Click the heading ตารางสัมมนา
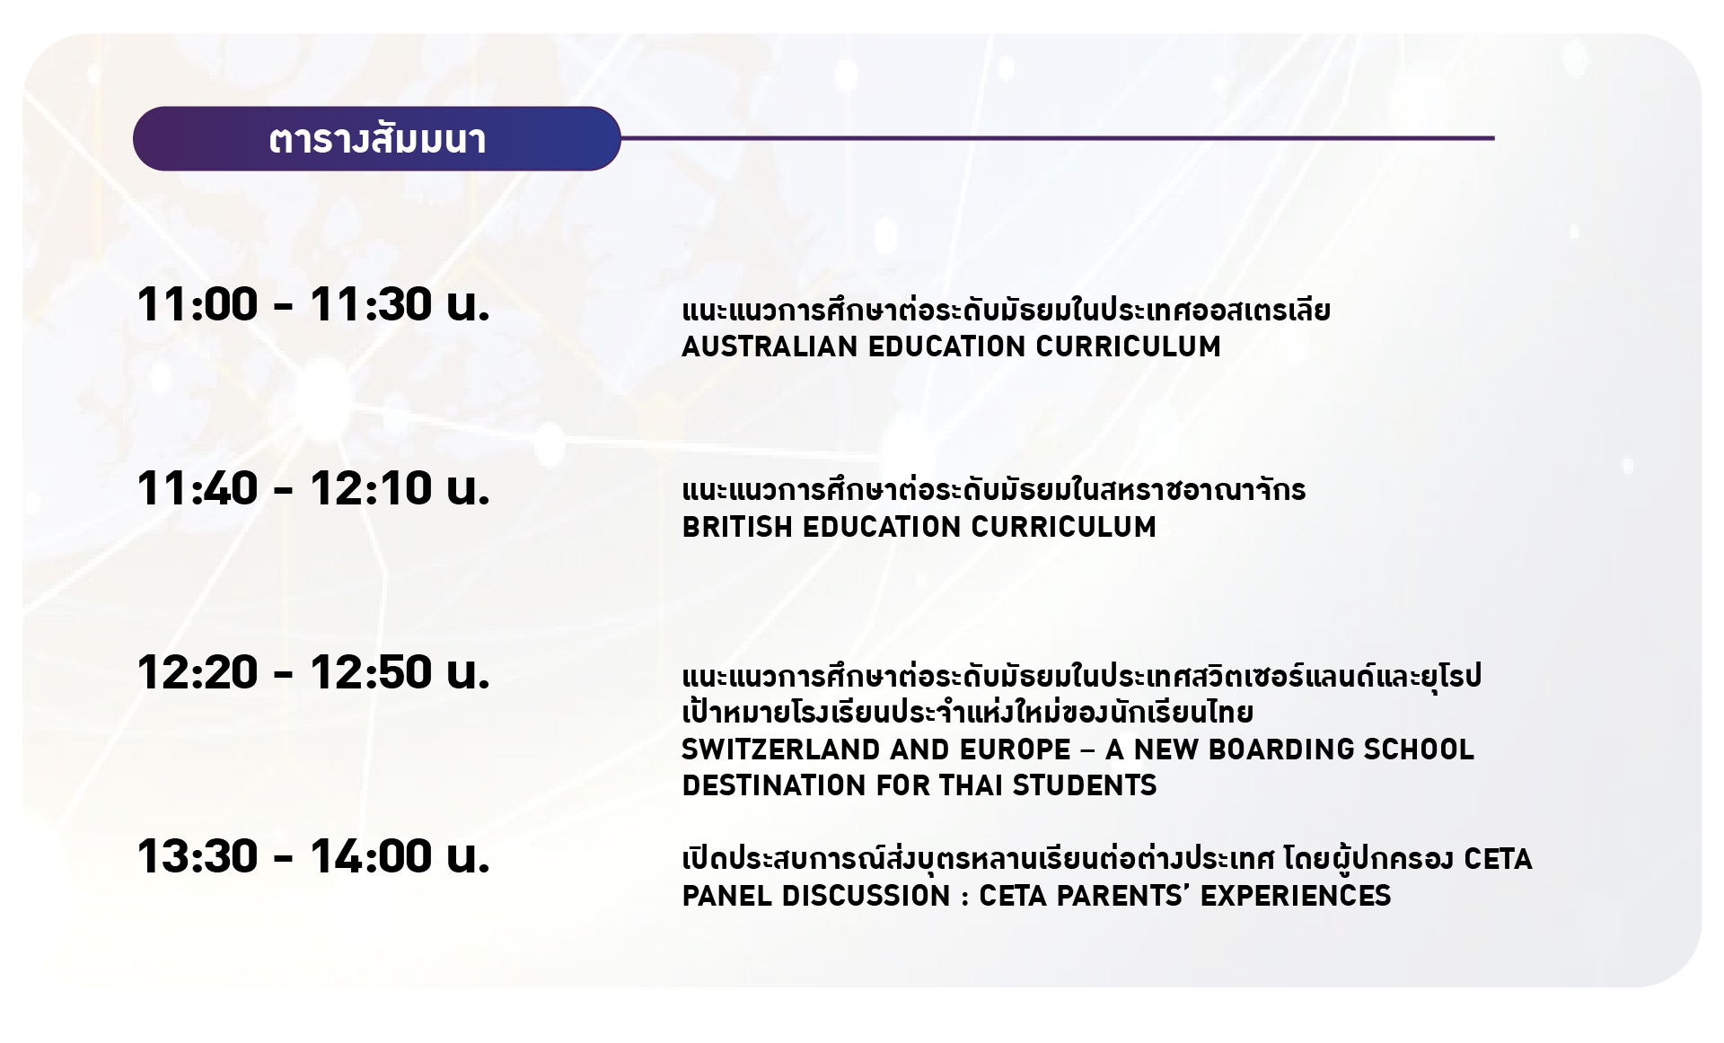tap(377, 140)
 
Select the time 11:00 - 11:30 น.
tap(313, 304)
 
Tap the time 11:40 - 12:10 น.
tap(313, 488)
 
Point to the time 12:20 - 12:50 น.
tap(313, 672)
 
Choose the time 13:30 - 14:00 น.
tap(313, 856)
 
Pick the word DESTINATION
tap(775, 785)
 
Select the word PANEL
tap(726, 896)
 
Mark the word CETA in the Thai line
tap(1498, 860)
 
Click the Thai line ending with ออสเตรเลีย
tap(1006, 311)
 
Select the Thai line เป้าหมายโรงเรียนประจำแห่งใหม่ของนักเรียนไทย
tap(968, 712)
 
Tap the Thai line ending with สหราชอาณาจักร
tap(994, 490)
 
